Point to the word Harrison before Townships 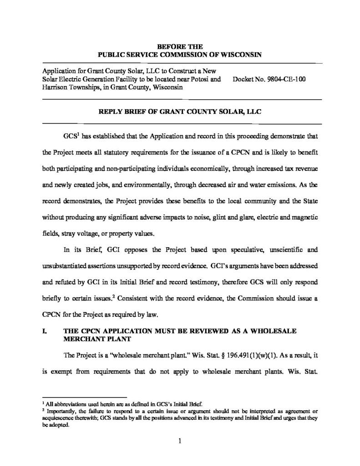[57, 87]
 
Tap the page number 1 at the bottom [180, 441]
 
